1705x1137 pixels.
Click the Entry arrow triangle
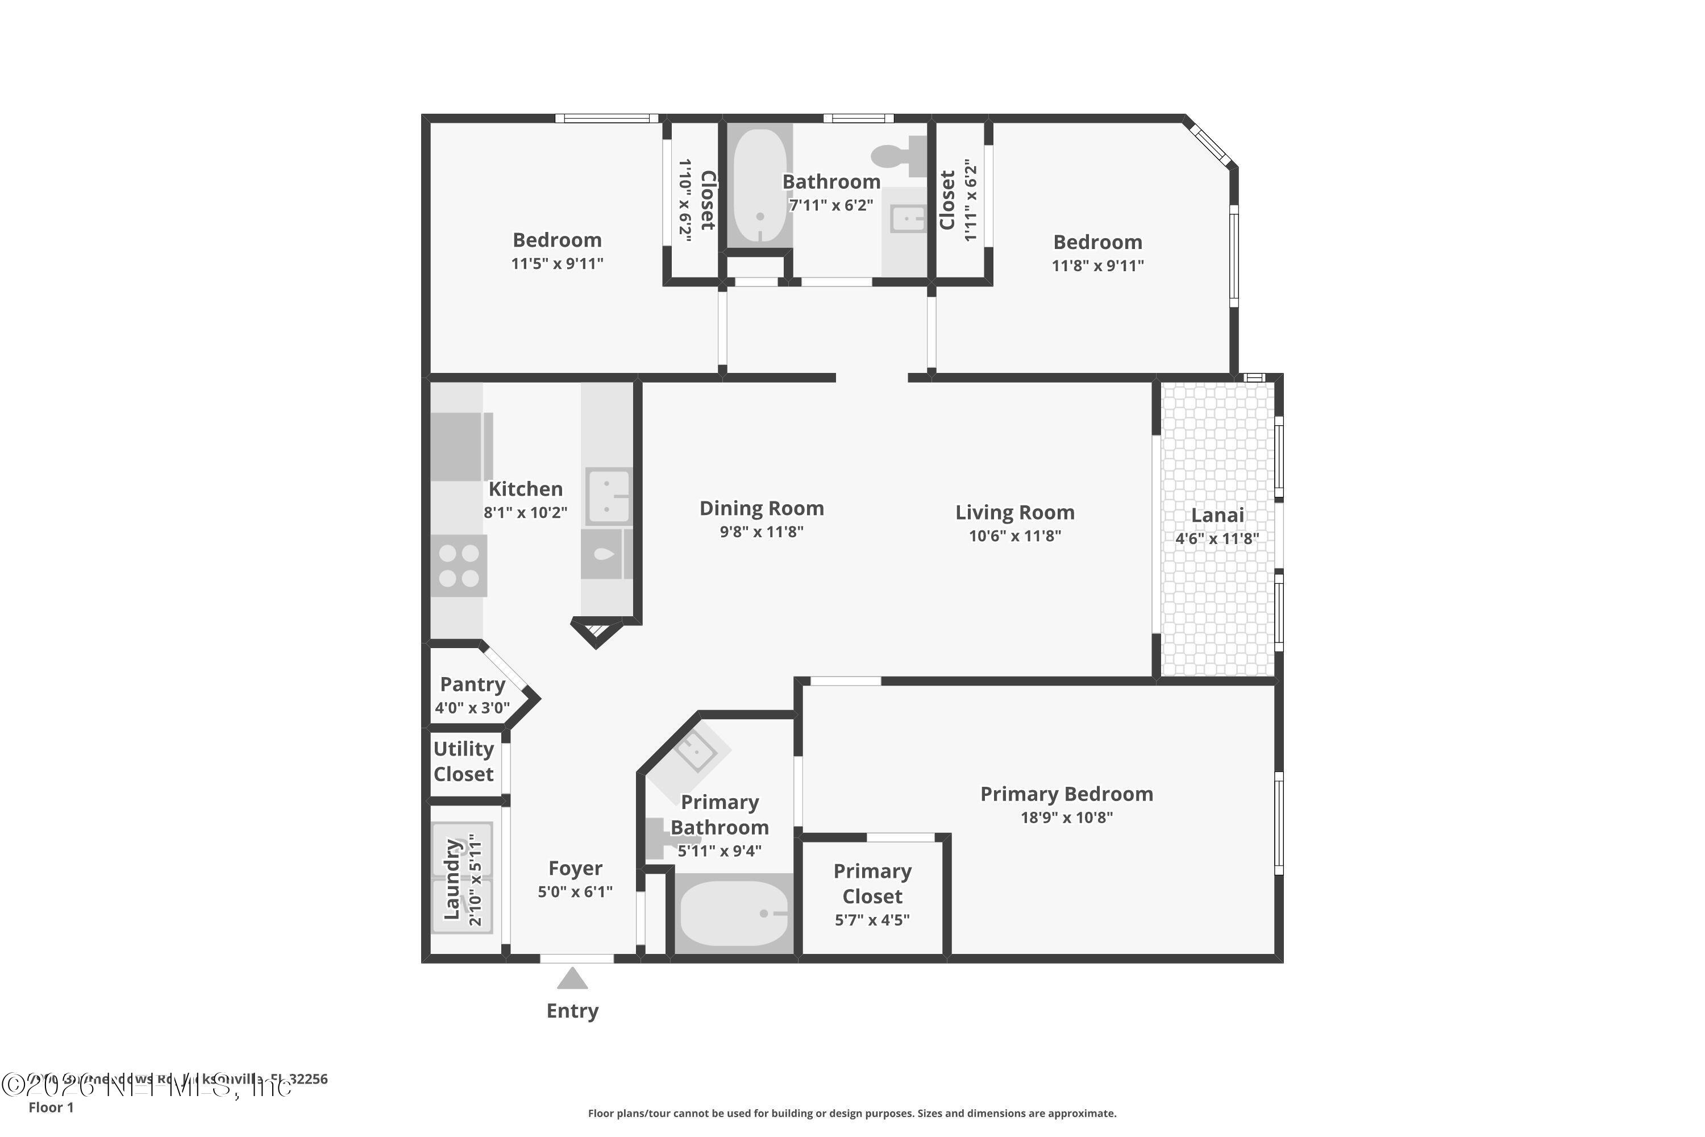click(x=572, y=980)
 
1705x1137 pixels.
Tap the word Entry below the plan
click(x=572, y=1011)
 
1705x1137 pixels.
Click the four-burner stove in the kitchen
click(x=459, y=566)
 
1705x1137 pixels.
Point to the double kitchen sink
click(x=608, y=496)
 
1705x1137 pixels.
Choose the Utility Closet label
click(x=463, y=761)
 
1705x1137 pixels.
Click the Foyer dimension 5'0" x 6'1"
click(x=575, y=892)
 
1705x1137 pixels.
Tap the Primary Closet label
click(x=872, y=883)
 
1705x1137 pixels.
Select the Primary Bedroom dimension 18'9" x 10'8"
click(x=1066, y=818)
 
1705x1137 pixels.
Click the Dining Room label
click(x=761, y=508)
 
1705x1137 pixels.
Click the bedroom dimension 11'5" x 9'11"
click(x=557, y=264)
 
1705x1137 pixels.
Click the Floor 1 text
click(x=51, y=1107)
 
